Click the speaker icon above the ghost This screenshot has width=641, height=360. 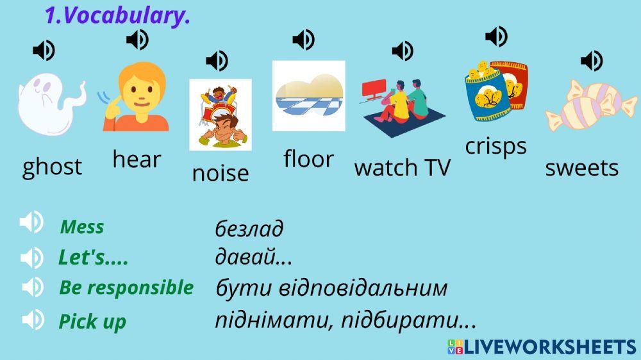pos(44,50)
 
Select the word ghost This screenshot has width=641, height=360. pos(52,167)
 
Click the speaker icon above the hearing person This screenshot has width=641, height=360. pos(137,40)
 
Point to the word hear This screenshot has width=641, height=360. pos(137,159)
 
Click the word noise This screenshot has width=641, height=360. pos(221,173)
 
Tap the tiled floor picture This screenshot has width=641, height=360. pos(308,95)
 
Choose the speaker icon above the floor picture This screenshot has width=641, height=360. pos(303,40)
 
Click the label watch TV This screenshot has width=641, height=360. pos(403,168)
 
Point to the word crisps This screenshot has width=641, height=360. pos(495,146)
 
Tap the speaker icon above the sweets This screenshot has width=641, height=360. pos(592,61)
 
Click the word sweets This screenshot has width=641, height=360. pos(581,168)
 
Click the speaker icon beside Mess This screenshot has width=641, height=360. pos(31,223)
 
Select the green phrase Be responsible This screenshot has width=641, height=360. pos(126,288)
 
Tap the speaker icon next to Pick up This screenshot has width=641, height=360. pos(32,319)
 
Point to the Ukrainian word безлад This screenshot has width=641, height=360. pos(249,229)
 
